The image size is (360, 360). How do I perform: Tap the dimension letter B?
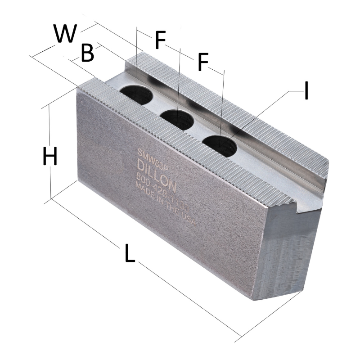[x=87, y=53]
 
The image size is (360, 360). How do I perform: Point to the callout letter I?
[x=306, y=91]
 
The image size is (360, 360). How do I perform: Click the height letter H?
[x=49, y=157]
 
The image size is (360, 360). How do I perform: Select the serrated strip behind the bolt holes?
[x=234, y=112]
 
